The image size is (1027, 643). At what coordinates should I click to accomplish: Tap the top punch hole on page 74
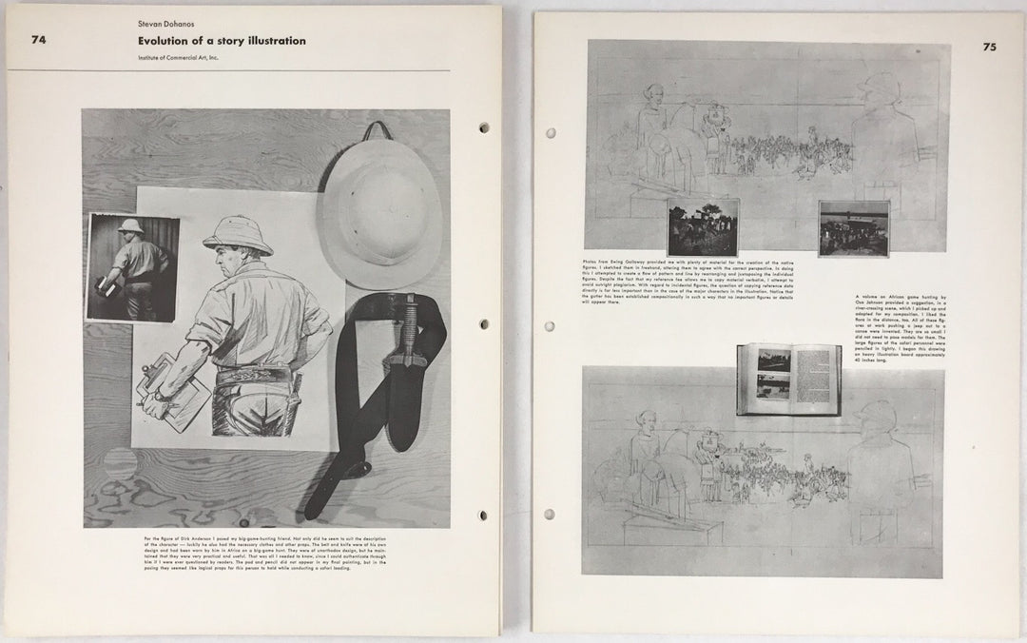pos(484,127)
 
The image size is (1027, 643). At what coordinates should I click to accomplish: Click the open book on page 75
pos(788,379)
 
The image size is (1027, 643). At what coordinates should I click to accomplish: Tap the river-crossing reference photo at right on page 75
pos(853,228)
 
